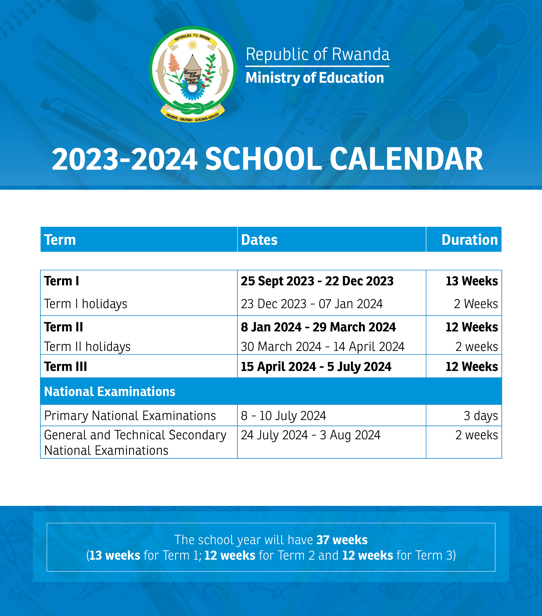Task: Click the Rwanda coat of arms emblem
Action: pos(193,74)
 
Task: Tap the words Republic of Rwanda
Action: pos(317,54)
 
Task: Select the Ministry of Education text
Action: pos(315,78)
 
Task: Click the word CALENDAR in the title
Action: pos(406,159)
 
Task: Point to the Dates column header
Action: pos(259,240)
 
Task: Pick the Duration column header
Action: pos(469,240)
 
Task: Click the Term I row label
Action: pos(62,281)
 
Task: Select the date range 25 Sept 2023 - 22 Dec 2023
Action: pos(317,281)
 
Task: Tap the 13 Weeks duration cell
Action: pos(472,281)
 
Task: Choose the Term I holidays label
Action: pos(86,304)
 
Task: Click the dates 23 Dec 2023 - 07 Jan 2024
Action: pos(312,304)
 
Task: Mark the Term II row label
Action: pos(63,327)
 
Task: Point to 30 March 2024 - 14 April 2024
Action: pos(322,347)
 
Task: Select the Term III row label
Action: pos(65,366)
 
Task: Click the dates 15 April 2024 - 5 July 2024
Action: pos(316,366)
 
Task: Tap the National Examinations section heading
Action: pos(110,391)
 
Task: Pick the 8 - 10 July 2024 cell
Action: pos(283,416)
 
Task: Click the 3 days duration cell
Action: pos(480,416)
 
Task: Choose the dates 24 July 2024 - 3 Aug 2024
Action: pos(310,435)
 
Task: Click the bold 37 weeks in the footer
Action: pos(342,540)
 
